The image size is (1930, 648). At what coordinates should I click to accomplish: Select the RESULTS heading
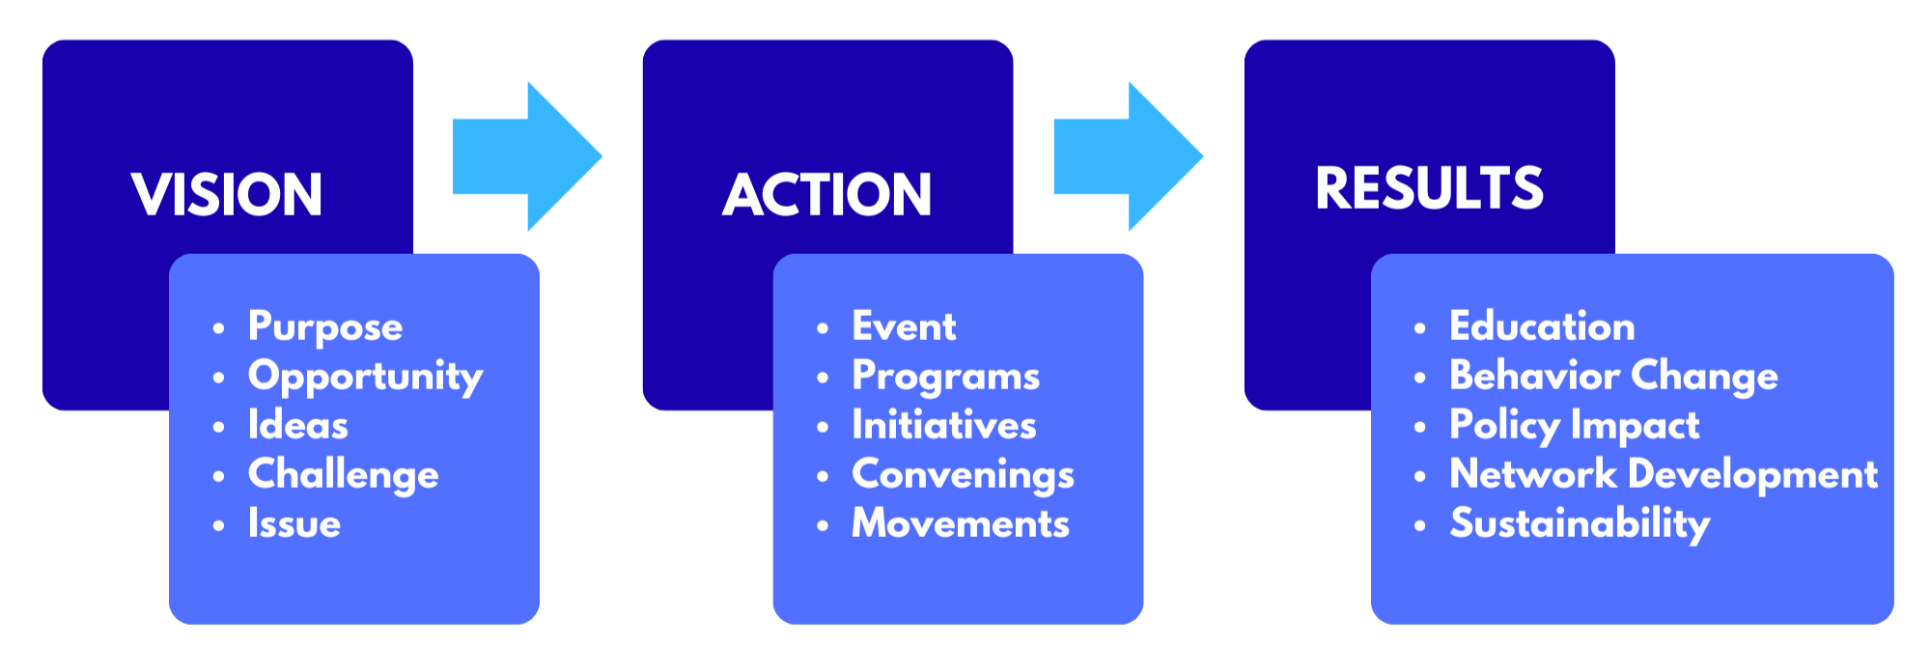pyautogui.click(x=1429, y=187)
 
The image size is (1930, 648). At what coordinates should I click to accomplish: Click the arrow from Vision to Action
pyautogui.click(x=526, y=156)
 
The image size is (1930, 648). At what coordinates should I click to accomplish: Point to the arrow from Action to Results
pyautogui.click(x=1127, y=156)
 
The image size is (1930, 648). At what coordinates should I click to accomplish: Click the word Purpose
pyautogui.click(x=325, y=327)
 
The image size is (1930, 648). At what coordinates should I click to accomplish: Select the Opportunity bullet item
pyautogui.click(x=365, y=377)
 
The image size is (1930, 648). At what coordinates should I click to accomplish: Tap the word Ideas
pyautogui.click(x=297, y=425)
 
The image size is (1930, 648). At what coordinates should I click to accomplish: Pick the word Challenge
pyautogui.click(x=343, y=475)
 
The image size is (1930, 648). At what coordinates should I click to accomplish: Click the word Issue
pyautogui.click(x=294, y=523)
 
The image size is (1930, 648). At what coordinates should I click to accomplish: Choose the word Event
pyautogui.click(x=904, y=326)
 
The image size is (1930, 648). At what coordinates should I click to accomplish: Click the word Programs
pyautogui.click(x=945, y=377)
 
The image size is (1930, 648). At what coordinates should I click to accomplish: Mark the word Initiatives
pyautogui.click(x=943, y=425)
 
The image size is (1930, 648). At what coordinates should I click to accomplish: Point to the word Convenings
pyautogui.click(x=963, y=475)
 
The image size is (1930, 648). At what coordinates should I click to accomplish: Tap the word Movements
pyautogui.click(x=961, y=523)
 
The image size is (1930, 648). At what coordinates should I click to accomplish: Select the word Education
pyautogui.click(x=1542, y=326)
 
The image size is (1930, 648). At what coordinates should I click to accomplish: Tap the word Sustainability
pyautogui.click(x=1580, y=524)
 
